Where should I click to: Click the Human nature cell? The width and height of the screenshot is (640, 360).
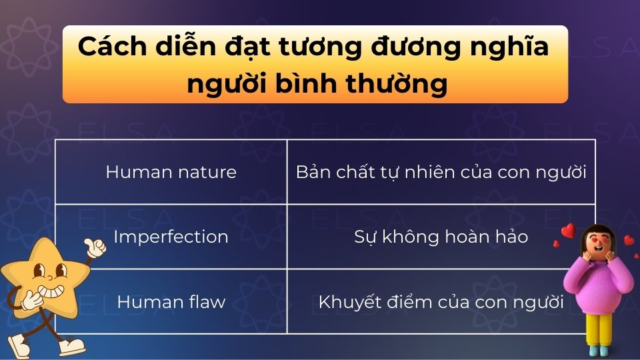click(171, 172)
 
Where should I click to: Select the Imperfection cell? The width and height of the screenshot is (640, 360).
click(171, 237)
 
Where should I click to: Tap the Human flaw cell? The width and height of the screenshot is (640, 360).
click(171, 301)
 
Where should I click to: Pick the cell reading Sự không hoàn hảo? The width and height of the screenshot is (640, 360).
click(441, 237)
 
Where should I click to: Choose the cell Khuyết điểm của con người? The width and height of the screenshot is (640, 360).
click(441, 301)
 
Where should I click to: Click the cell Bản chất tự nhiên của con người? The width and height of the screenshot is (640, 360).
click(441, 172)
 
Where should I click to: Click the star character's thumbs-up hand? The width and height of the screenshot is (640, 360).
click(95, 248)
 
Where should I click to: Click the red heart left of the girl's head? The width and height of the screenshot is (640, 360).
click(567, 231)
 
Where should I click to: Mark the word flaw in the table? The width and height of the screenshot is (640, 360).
click(207, 301)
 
